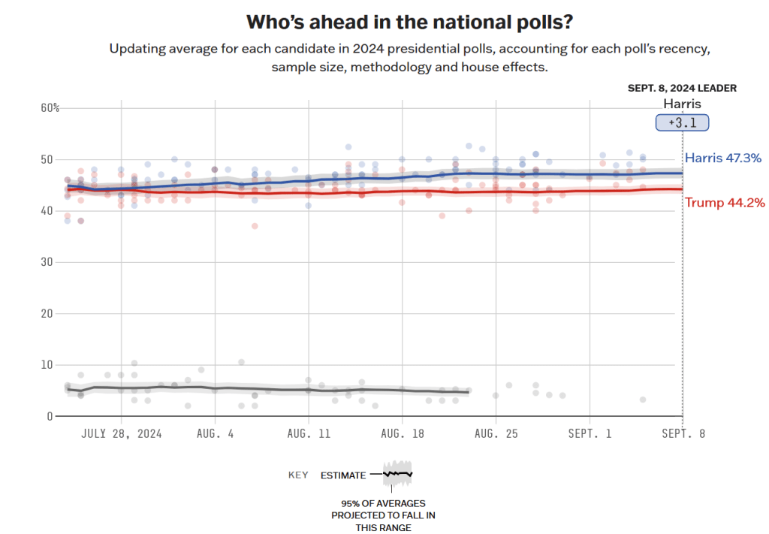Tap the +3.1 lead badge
(x=682, y=122)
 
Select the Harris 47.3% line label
(x=723, y=158)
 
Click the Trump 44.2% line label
(x=725, y=202)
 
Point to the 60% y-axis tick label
(x=50, y=108)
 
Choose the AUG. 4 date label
(x=216, y=434)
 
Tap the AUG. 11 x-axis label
(x=309, y=434)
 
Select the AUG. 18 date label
(x=403, y=434)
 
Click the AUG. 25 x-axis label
(x=496, y=434)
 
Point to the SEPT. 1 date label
(x=590, y=434)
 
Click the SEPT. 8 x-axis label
(x=683, y=434)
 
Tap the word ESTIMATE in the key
(x=343, y=475)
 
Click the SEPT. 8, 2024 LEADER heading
(x=682, y=88)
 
